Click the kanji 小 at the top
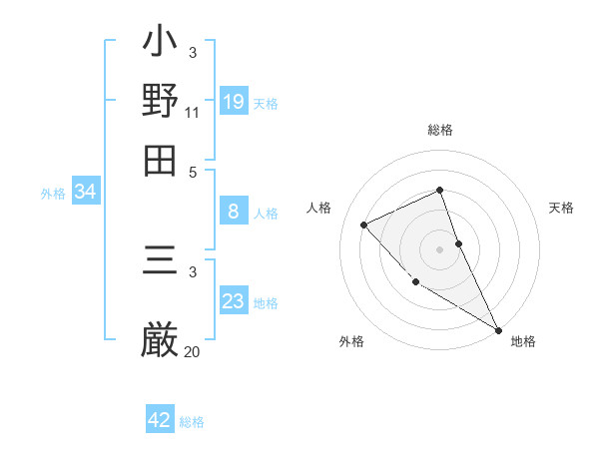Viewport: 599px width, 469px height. click(x=161, y=46)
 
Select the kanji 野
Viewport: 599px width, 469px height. click(x=161, y=101)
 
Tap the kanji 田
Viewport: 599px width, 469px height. click(x=161, y=160)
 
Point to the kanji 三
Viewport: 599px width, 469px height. click(x=161, y=264)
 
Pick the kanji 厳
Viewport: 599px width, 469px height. click(x=161, y=339)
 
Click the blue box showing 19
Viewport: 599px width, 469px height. click(x=234, y=102)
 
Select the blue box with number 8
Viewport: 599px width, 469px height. click(x=234, y=212)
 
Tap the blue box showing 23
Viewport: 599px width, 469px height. click(x=234, y=301)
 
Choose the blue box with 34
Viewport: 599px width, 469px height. click(x=85, y=192)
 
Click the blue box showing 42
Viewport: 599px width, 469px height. click(x=160, y=420)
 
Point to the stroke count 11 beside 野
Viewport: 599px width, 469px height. click(x=192, y=112)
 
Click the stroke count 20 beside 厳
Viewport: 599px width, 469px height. click(x=192, y=350)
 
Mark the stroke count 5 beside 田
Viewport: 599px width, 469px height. click(x=193, y=171)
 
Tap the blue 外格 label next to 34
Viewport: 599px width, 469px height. click(x=53, y=194)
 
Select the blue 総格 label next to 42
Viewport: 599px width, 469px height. click(x=192, y=422)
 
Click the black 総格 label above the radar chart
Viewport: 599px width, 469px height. click(x=439, y=130)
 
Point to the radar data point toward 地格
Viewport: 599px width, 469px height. click(x=498, y=330)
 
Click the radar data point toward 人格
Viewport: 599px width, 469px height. click(x=364, y=225)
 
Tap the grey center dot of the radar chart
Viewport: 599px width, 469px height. click(x=439, y=248)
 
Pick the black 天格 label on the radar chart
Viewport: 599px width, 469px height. click(x=561, y=208)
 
